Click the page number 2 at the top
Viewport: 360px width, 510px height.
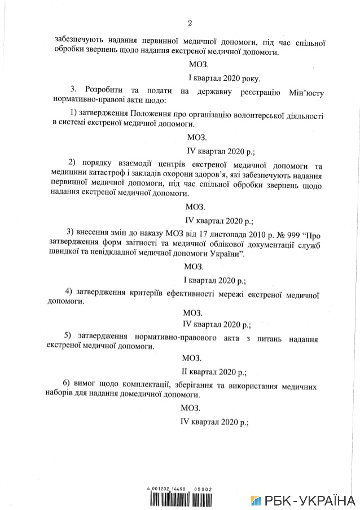tap(190, 23)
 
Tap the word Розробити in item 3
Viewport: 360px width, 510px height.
tap(105, 90)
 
